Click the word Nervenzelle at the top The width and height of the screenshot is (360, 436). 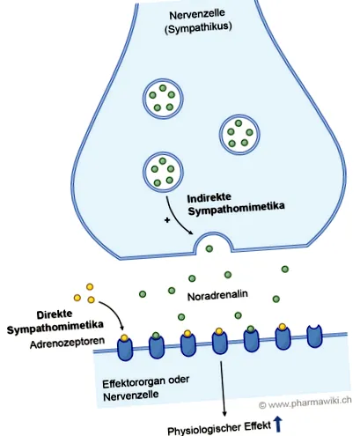[197, 14]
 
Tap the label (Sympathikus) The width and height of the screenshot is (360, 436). [198, 27]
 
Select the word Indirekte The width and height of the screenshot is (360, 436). [209, 198]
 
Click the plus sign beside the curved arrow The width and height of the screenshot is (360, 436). [167, 220]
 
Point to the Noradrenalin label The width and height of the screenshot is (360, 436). [217, 295]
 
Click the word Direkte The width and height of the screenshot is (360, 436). [55, 314]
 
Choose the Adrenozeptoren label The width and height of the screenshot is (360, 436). [67, 343]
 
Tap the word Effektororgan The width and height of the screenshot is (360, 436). [134, 383]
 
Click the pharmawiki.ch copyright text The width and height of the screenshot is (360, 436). [305, 403]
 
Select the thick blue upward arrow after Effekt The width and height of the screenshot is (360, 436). [277, 425]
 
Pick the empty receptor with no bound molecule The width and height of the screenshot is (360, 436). [314, 336]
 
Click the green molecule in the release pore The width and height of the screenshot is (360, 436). [209, 249]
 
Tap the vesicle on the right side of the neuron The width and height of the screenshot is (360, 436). [239, 134]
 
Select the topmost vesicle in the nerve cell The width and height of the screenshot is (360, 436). [163, 99]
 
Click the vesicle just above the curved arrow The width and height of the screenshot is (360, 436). [163, 172]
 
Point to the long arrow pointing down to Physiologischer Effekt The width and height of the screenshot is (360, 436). [223, 388]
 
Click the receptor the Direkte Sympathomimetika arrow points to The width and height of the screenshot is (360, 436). [125, 347]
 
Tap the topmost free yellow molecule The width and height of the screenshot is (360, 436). [90, 286]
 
